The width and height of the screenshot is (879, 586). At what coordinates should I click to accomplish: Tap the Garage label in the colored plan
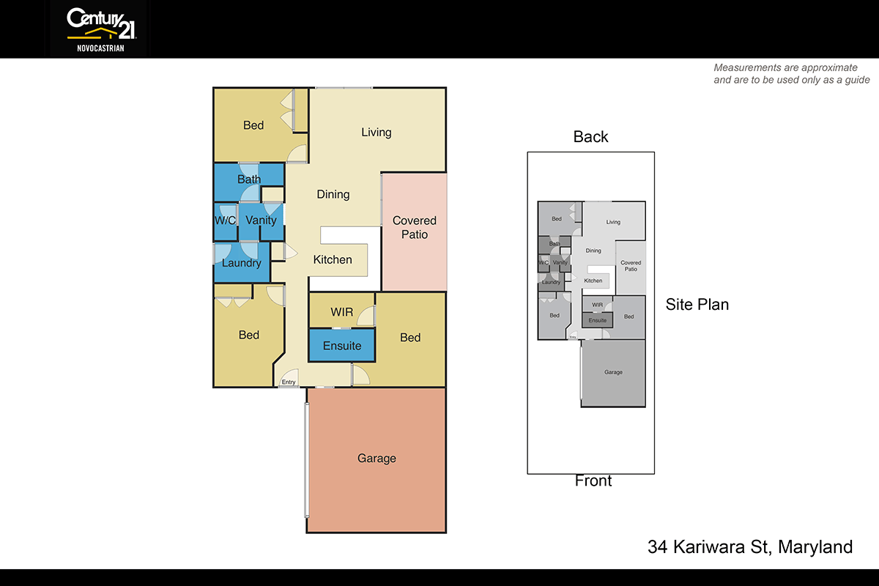coord(377,459)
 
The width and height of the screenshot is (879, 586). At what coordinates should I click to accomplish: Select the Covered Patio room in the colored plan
coord(414,228)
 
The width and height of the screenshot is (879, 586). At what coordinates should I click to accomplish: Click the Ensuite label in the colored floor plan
coord(342,346)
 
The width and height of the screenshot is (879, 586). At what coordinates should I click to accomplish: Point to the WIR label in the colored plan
coord(342,312)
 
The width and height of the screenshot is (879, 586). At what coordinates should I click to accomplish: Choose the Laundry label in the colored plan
coord(241,263)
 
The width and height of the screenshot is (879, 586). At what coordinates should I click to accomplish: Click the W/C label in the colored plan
coord(225,220)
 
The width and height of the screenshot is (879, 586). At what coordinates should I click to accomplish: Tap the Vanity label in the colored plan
coord(261,220)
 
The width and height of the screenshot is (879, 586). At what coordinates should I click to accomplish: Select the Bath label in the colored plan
coord(249,179)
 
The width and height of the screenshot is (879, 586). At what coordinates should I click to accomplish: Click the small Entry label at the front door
coord(289,382)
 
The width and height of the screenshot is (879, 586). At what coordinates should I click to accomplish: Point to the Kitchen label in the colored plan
coord(333,259)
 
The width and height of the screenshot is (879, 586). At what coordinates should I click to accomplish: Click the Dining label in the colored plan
coord(333,195)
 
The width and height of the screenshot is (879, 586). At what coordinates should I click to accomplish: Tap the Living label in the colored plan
coord(377,133)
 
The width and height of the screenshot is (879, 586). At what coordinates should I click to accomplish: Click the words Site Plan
coord(697,305)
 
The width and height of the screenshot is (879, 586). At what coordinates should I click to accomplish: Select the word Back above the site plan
coord(590,137)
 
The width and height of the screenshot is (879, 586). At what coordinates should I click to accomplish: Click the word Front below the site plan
coord(593,481)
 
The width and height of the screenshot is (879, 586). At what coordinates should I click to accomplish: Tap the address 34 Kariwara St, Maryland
coord(750,547)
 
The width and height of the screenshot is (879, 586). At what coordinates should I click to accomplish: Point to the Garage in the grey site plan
coord(613,372)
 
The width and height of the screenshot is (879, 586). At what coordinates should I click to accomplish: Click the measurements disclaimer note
coord(791,74)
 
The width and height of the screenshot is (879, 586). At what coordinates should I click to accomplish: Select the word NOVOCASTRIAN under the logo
coord(100,49)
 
